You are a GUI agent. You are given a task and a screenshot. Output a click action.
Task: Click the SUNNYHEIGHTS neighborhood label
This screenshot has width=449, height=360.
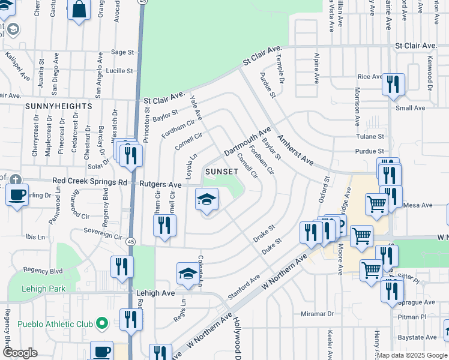(x=59, y=106)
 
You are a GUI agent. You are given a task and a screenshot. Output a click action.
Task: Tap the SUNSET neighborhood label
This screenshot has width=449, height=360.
(x=221, y=172)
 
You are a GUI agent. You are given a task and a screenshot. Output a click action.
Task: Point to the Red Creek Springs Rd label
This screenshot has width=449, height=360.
(x=89, y=181)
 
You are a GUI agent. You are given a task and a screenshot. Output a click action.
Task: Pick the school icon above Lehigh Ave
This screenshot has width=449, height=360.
(x=188, y=274)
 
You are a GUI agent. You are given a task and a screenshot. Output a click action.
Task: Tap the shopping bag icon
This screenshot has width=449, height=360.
(x=79, y=10)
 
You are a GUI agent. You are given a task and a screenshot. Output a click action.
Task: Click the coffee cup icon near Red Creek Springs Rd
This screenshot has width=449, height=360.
(x=17, y=194)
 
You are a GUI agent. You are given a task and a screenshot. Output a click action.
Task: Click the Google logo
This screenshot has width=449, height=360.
(x=20, y=353)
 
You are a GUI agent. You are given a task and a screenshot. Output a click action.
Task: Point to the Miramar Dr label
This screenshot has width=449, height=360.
(x=317, y=314)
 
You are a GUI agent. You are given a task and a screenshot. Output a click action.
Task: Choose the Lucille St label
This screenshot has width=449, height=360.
(x=119, y=71)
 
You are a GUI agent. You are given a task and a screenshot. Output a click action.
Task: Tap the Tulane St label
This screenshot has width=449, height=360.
(x=369, y=136)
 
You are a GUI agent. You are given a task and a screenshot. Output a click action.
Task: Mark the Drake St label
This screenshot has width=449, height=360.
(x=264, y=234)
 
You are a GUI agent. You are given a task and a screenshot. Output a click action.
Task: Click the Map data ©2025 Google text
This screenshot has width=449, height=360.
(x=411, y=355)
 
